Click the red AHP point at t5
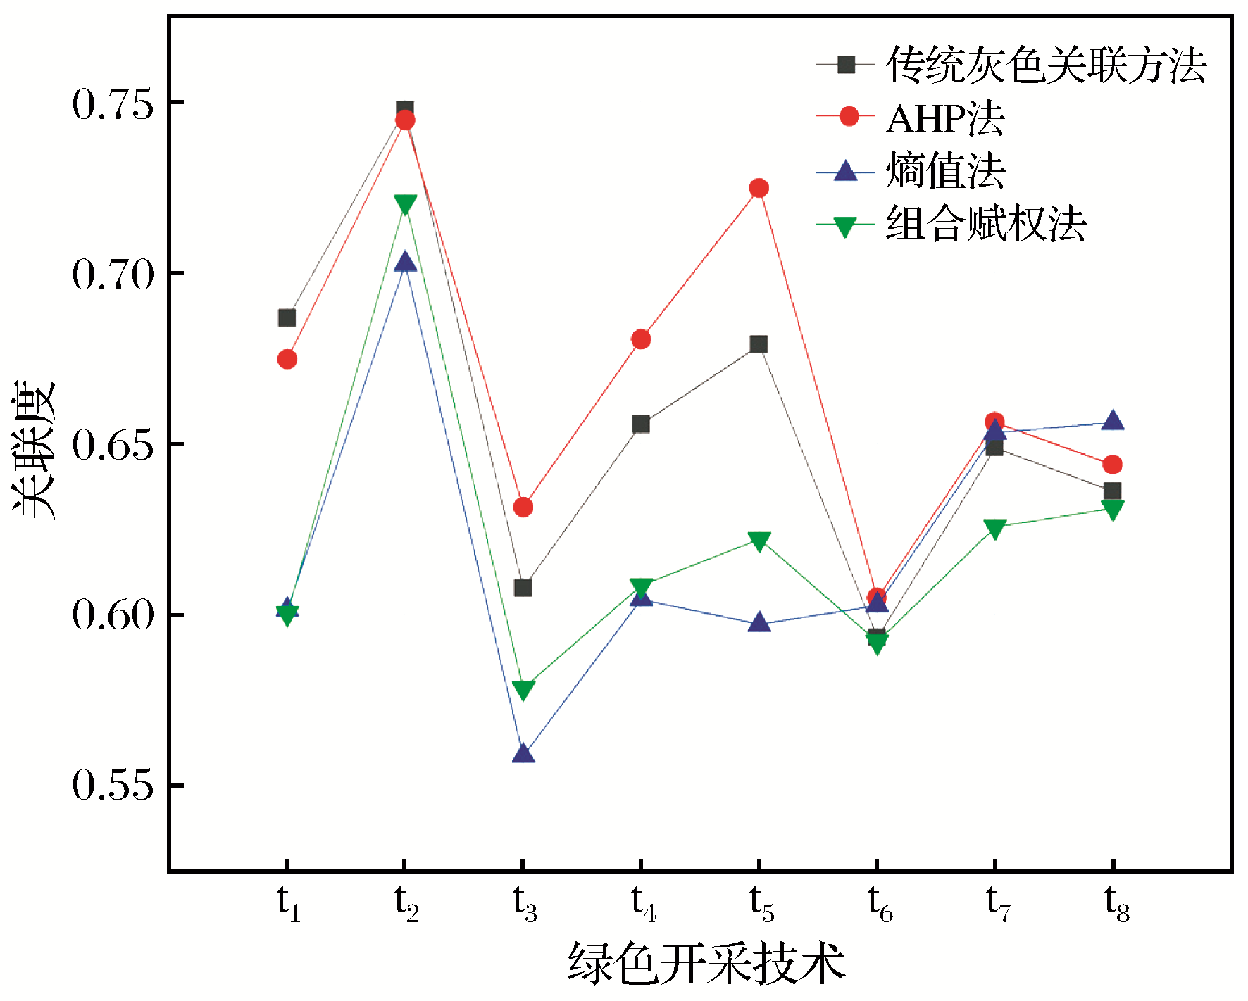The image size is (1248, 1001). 759,188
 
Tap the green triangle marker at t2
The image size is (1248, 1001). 405,204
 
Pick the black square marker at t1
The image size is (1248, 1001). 287,318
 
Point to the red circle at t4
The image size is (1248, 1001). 641,339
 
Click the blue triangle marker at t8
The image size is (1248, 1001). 1112,421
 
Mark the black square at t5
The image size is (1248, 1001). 759,344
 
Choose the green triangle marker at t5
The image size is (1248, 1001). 759,541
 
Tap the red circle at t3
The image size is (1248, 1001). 523,507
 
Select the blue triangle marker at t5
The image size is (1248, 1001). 759,622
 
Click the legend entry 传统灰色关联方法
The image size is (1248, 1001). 1046,65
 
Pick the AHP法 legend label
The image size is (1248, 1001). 945,118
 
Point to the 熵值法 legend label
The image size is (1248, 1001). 945,171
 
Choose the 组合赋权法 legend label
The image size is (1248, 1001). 985,225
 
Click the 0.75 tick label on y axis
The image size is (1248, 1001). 113,103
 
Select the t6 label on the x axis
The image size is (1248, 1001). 879,902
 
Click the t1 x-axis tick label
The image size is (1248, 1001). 288,902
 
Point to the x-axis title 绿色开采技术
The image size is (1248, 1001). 706,963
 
